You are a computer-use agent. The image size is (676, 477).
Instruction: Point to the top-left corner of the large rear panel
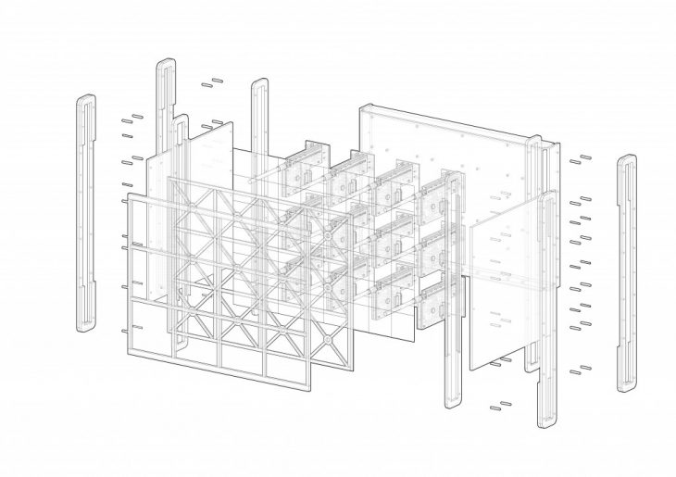pyautogui.click(x=363, y=109)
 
